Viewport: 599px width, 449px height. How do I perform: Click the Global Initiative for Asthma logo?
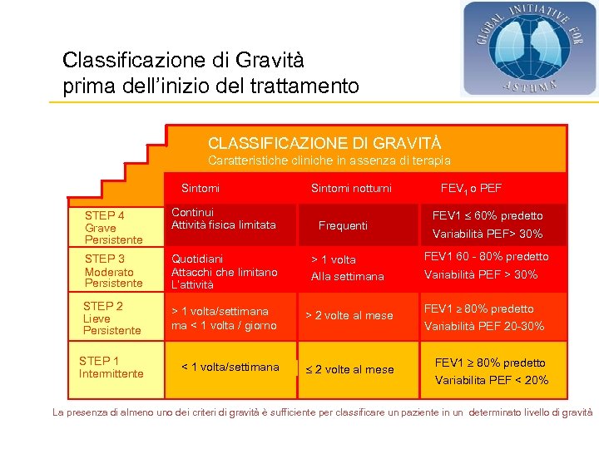click(x=529, y=47)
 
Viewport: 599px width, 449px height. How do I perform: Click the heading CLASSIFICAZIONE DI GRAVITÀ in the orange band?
click(x=324, y=143)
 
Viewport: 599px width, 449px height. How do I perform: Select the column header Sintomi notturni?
click(x=351, y=189)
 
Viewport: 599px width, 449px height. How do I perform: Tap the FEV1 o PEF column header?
click(x=471, y=189)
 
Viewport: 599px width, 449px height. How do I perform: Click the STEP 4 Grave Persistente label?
click(x=113, y=227)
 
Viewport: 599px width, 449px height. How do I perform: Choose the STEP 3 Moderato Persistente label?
click(x=113, y=271)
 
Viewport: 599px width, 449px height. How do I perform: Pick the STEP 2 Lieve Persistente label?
click(x=111, y=318)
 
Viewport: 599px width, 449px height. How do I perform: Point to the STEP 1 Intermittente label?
click(x=111, y=367)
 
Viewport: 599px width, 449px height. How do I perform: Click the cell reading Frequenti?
click(x=343, y=225)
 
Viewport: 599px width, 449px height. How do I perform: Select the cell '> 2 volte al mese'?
click(x=349, y=316)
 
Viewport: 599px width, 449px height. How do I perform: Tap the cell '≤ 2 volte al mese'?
click(x=349, y=369)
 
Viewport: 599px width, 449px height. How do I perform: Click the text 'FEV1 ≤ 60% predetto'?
click(x=488, y=216)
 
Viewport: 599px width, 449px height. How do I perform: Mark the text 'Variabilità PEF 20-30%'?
click(x=484, y=326)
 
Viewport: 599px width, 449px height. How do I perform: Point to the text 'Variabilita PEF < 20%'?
click(x=492, y=381)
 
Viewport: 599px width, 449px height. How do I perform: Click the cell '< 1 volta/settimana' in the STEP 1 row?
click(x=230, y=367)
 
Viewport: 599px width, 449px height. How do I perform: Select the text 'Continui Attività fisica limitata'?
click(x=223, y=219)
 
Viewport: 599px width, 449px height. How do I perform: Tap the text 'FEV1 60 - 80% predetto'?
click(x=487, y=257)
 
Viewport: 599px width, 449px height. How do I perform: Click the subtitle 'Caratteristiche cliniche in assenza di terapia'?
click(x=329, y=160)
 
